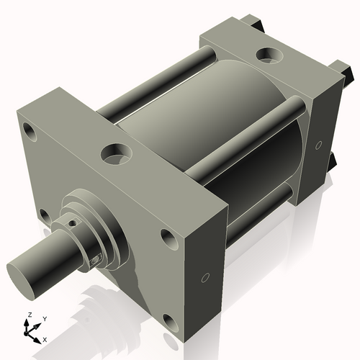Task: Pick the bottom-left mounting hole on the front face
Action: click(45, 215)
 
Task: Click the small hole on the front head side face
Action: click(205, 277)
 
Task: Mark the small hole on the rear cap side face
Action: click(318, 145)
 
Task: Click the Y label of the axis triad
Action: click(44, 318)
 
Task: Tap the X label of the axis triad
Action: click(45, 338)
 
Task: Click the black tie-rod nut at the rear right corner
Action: click(347, 71)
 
